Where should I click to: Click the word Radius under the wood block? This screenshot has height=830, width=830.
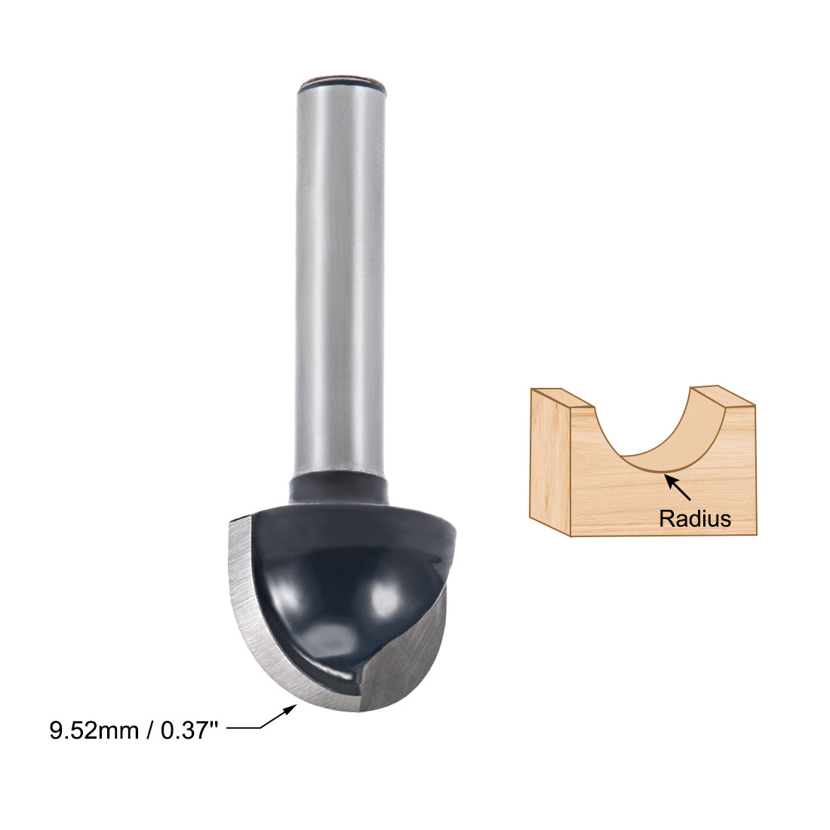point(694,518)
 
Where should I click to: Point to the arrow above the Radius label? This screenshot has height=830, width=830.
point(677,487)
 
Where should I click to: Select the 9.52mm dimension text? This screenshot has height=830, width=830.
point(94,730)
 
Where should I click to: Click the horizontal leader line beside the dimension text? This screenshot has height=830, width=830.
point(243,728)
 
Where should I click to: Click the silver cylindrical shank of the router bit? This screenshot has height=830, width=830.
point(342,279)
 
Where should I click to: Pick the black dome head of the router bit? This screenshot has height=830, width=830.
point(340,573)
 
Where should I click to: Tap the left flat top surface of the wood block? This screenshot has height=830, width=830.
point(562,398)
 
